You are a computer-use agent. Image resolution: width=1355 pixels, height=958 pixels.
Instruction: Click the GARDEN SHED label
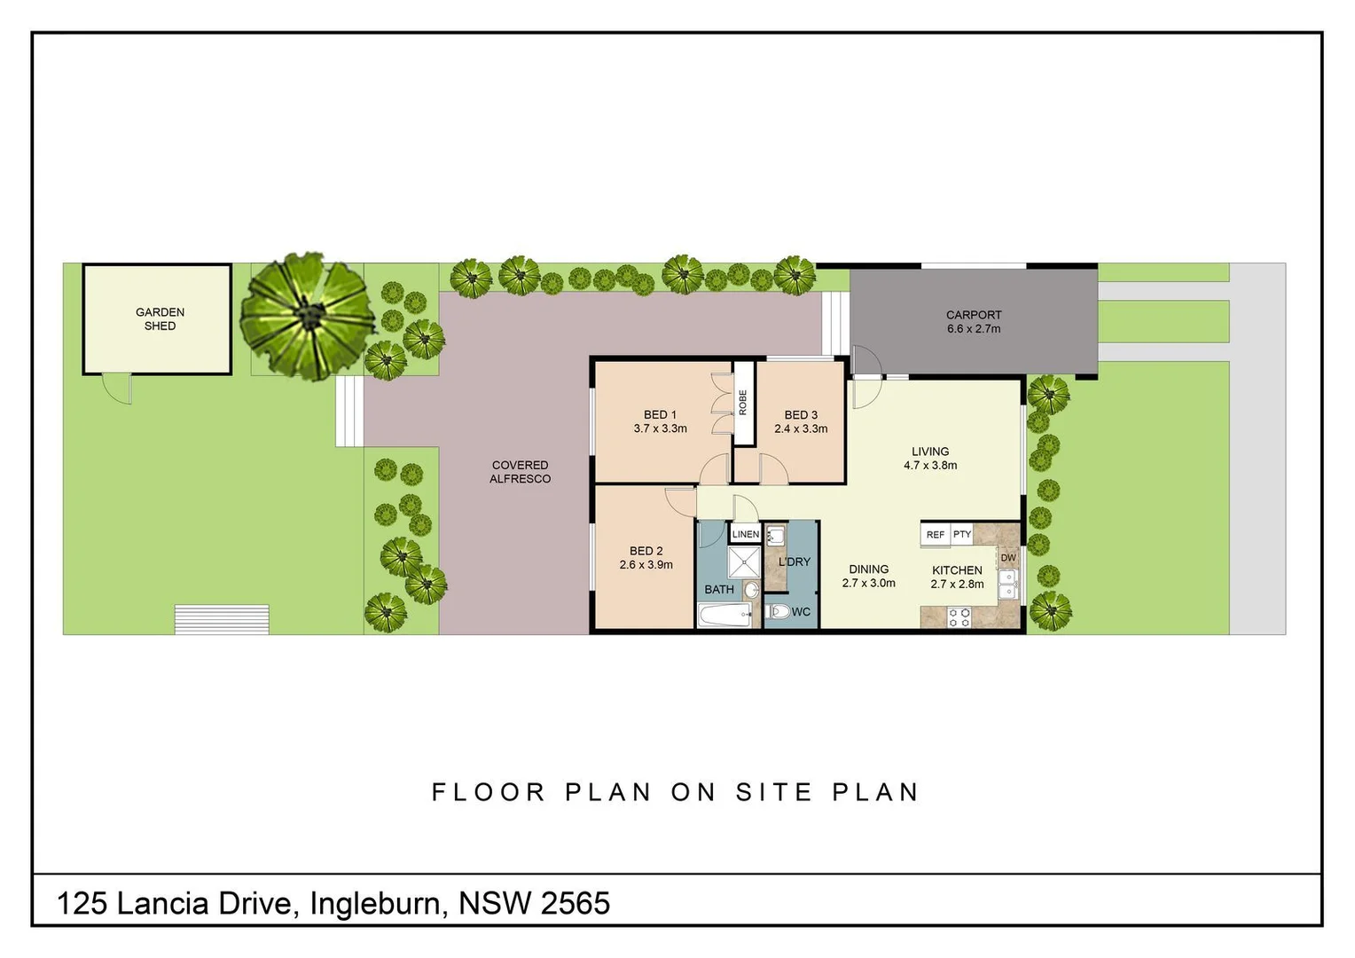160,319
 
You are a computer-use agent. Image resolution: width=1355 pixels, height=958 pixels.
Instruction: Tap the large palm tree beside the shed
309,316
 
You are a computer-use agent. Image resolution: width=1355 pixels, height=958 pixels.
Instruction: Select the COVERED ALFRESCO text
520,472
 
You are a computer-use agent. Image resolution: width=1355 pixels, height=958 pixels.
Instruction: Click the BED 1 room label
660,415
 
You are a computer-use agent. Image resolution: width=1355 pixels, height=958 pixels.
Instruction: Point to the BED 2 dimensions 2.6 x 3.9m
646,565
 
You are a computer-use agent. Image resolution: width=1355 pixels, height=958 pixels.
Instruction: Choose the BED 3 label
801,415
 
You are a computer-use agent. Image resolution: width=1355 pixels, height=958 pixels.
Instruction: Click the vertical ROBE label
743,403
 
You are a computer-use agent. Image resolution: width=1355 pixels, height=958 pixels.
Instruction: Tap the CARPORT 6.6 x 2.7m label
973,322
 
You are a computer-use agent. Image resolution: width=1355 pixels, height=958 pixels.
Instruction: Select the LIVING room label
929,452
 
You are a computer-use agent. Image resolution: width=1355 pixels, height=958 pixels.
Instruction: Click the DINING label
868,569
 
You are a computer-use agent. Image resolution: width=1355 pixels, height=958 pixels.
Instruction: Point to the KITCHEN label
957,570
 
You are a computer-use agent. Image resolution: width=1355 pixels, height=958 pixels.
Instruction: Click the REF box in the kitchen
935,535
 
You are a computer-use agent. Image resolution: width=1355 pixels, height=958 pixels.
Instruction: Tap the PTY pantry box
962,535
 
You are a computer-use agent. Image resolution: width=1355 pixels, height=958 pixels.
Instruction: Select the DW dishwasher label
1008,558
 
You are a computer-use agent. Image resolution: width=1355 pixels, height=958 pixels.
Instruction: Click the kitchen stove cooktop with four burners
959,617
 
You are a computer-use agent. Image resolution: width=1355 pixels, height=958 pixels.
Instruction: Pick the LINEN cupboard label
745,534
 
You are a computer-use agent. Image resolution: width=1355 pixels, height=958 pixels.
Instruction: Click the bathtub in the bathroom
724,616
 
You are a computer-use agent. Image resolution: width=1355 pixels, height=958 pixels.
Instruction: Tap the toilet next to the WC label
777,611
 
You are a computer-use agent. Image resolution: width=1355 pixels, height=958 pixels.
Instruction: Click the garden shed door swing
117,389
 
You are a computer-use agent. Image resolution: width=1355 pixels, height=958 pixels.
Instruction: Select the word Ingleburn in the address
375,904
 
